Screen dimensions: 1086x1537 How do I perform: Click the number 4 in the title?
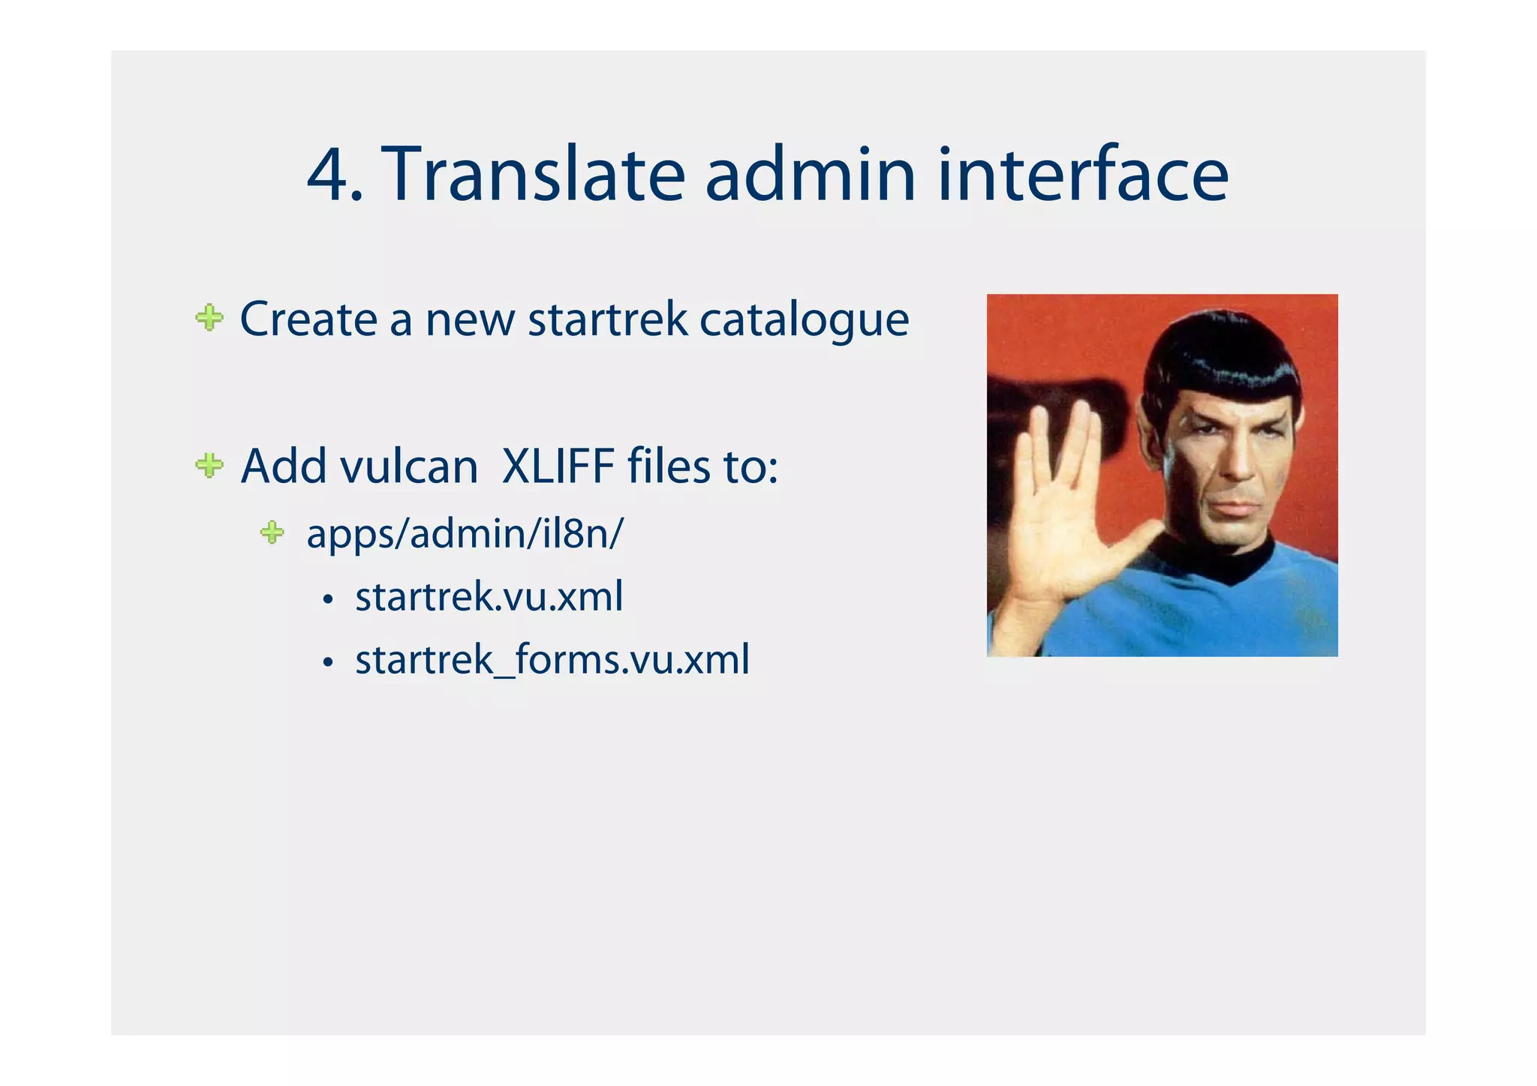coord(327,175)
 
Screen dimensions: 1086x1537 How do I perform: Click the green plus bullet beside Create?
coord(209,318)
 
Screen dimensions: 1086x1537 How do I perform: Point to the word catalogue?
coord(804,320)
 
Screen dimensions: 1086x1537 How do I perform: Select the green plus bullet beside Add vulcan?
coord(209,466)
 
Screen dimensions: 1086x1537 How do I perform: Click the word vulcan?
coord(409,466)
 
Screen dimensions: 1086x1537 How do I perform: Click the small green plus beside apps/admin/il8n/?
coord(272,533)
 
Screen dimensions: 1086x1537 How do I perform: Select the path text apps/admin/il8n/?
coord(465,534)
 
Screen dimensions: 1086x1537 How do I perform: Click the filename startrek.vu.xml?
coord(489,597)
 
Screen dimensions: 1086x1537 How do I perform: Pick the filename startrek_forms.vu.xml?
coord(552,660)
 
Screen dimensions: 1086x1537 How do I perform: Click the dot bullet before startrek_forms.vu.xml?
coord(327,663)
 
